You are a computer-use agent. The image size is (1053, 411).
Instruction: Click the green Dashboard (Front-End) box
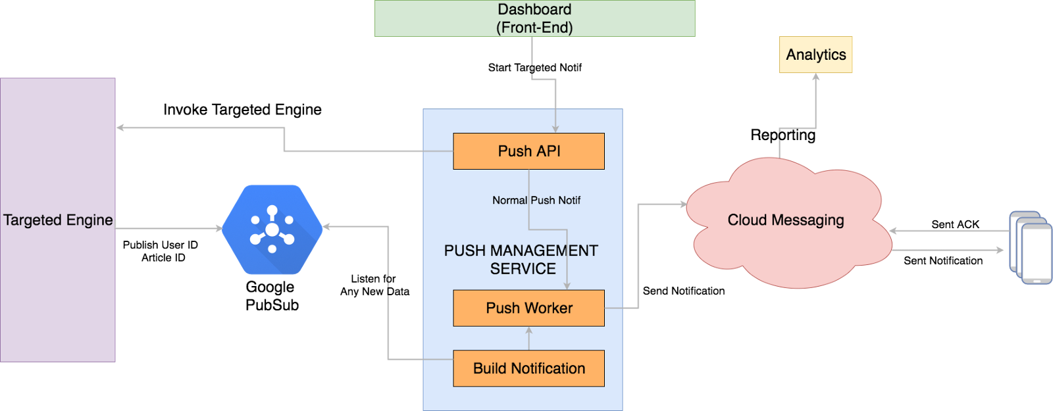point(534,18)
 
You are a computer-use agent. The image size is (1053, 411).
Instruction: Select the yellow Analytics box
point(815,55)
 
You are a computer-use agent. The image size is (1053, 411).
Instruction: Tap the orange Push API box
point(528,151)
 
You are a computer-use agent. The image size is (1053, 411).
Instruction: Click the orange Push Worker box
point(528,308)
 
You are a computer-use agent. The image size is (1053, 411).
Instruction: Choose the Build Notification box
point(528,368)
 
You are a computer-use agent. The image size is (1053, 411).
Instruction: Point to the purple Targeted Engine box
point(58,220)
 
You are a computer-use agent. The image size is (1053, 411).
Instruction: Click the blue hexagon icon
point(272,229)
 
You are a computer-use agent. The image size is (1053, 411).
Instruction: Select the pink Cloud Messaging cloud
point(786,220)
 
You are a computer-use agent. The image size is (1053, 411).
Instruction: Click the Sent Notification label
point(943,260)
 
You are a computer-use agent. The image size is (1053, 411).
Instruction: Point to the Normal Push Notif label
point(536,200)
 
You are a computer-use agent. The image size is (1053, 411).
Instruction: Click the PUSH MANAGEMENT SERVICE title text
point(521,259)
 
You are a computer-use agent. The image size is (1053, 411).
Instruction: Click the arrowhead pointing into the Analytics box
point(816,78)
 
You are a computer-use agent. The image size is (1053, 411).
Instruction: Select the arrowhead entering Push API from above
point(555,129)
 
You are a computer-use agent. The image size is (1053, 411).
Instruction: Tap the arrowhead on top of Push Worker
point(567,286)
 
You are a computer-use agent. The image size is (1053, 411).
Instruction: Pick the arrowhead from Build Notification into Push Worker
point(528,331)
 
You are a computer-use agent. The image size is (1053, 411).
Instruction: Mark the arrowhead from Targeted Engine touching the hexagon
point(218,229)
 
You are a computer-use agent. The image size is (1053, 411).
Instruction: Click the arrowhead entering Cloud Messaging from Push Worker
point(683,205)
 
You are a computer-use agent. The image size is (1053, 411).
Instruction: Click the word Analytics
point(815,55)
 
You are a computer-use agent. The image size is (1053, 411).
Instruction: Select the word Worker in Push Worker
point(548,308)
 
